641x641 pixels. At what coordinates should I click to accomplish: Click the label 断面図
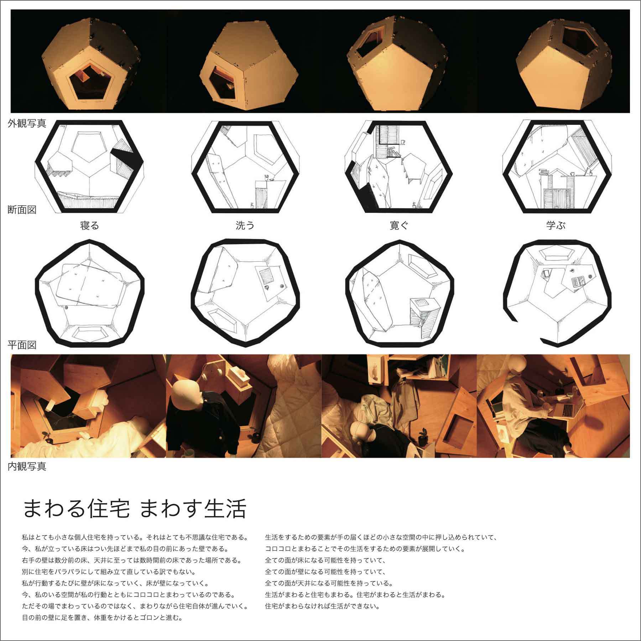click(22, 209)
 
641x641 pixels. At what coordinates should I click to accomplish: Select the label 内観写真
click(27, 467)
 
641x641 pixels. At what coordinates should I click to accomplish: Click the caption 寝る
click(89, 225)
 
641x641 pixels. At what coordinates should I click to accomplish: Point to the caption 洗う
click(245, 225)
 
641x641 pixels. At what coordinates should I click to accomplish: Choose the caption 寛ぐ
click(399, 225)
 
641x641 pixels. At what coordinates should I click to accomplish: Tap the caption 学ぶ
click(556, 225)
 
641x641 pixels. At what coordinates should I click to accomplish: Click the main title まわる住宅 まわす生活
click(135, 509)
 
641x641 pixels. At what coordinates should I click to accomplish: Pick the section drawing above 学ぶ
click(556, 167)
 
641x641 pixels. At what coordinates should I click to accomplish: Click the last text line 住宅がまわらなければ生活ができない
click(322, 606)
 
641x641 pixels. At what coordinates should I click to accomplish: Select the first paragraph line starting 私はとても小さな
click(135, 537)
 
